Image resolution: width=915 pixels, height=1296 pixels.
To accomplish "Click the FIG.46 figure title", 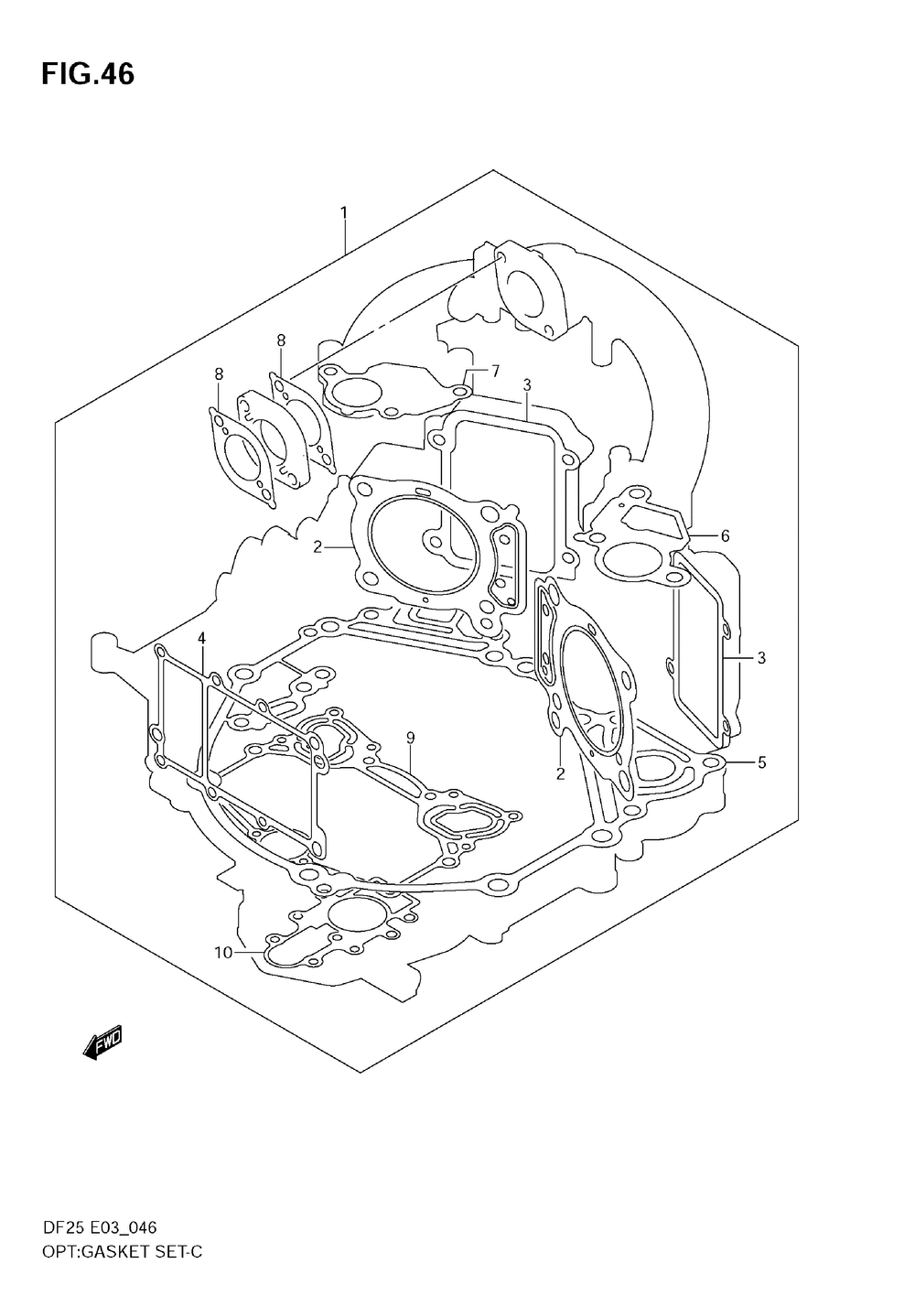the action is pyautogui.click(x=88, y=75).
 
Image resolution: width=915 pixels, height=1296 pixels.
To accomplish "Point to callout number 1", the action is pyautogui.click(x=344, y=213).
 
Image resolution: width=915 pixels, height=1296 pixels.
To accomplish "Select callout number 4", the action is pyautogui.click(x=201, y=639).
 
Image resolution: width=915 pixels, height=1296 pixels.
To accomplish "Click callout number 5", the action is pyautogui.click(x=761, y=762).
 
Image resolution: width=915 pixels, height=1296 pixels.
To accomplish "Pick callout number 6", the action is pyautogui.click(x=726, y=535).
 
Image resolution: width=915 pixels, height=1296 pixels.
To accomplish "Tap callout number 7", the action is pyautogui.click(x=495, y=371).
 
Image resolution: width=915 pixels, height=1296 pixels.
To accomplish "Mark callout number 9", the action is pyautogui.click(x=411, y=737).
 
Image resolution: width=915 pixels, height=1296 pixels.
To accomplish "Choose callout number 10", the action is pyautogui.click(x=223, y=953).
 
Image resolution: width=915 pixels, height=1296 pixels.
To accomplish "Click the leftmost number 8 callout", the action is pyautogui.click(x=219, y=374).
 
